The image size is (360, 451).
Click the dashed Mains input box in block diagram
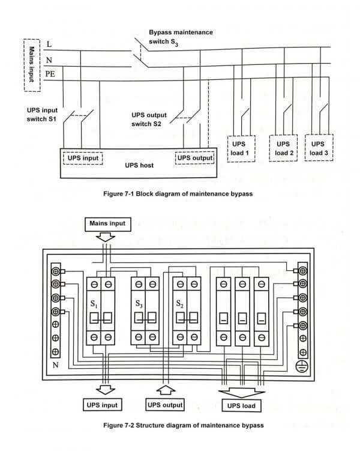tap(31, 65)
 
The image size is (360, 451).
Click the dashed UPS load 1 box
tap(241, 148)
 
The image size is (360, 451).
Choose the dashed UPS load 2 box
tap(284, 148)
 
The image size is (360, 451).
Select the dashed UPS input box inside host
tap(83, 158)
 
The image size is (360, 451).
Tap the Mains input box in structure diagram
tap(107, 223)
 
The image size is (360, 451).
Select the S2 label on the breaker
tap(179, 304)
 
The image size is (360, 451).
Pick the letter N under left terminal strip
tap(56, 364)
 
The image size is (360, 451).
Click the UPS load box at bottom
tap(242, 405)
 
